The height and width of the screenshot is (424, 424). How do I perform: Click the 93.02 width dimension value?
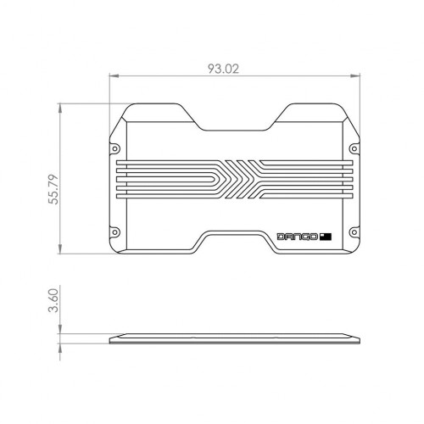pyautogui.click(x=223, y=69)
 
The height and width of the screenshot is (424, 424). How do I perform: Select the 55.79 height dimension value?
pyautogui.click(x=53, y=189)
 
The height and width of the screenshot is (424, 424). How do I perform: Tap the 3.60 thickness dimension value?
pyautogui.click(x=53, y=300)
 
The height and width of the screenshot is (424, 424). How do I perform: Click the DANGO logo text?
pyautogui.click(x=297, y=237)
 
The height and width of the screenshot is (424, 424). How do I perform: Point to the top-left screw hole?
pyautogui.click(x=114, y=148)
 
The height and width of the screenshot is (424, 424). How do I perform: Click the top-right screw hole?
pyautogui.click(x=354, y=148)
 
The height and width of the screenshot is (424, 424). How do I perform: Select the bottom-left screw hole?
pyautogui.click(x=114, y=232)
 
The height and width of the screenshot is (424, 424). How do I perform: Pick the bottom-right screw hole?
pyautogui.click(x=354, y=232)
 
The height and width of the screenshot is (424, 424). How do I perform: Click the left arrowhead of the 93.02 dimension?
pyautogui.click(x=114, y=75)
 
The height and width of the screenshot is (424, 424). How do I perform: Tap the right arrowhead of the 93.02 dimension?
pyautogui.click(x=355, y=75)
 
